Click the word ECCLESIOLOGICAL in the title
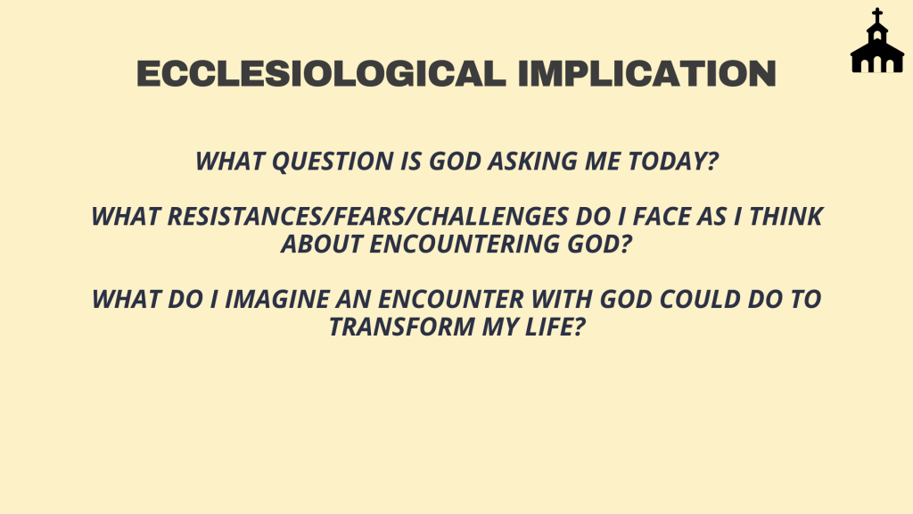[x=321, y=74]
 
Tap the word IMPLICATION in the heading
[x=647, y=74]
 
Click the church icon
[x=877, y=40]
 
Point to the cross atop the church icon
[x=877, y=15]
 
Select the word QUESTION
[x=333, y=162]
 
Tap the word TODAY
[x=669, y=162]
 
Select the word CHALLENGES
[x=492, y=216]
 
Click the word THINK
[x=786, y=216]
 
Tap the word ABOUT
[x=322, y=245]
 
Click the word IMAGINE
[x=277, y=300]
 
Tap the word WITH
[x=562, y=300]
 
